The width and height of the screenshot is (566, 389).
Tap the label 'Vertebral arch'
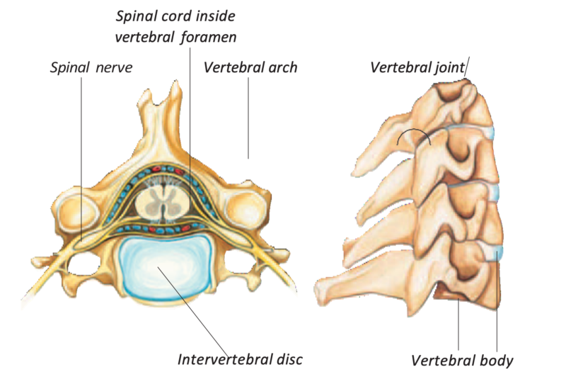point(250,68)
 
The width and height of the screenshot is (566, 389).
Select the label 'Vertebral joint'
point(417,68)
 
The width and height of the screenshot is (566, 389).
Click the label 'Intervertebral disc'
point(240,359)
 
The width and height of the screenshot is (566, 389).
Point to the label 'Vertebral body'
point(462,360)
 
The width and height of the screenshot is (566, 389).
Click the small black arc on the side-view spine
point(413,136)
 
